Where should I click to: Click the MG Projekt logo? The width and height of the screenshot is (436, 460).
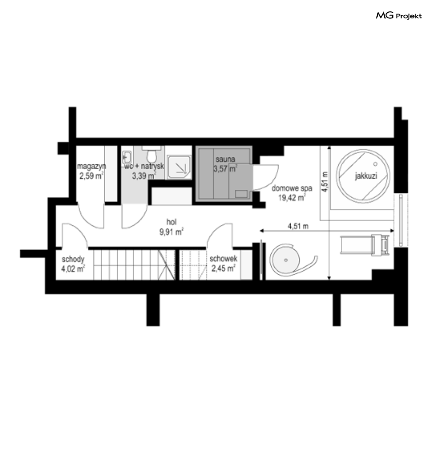pyautogui.click(x=399, y=15)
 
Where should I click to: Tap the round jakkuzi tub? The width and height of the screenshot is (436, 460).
pyautogui.click(x=363, y=176)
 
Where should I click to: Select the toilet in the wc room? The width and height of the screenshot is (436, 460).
pyautogui.click(x=152, y=155)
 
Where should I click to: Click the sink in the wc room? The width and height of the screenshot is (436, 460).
pyautogui.click(x=127, y=157)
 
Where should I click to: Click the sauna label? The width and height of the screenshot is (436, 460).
pyautogui.click(x=225, y=159)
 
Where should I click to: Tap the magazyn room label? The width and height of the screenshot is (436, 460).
pyautogui.click(x=91, y=166)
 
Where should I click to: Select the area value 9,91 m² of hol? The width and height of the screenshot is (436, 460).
pyautogui.click(x=171, y=232)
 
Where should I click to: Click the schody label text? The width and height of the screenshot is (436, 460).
pyautogui.click(x=73, y=259)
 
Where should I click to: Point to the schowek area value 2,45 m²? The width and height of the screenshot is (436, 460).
pyautogui.click(x=223, y=268)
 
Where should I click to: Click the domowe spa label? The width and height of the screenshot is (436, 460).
pyautogui.click(x=292, y=188)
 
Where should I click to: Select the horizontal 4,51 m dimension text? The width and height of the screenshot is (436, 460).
pyautogui.click(x=298, y=226)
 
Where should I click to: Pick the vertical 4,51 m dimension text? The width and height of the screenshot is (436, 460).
pyautogui.click(x=325, y=182)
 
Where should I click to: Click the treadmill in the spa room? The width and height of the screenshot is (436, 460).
pyautogui.click(x=365, y=244)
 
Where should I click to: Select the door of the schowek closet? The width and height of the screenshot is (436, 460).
pyautogui.click(x=220, y=235)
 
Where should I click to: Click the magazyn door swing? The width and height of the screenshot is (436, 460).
pyautogui.click(x=91, y=216)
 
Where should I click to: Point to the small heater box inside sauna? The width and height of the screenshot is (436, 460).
pyautogui.click(x=241, y=194)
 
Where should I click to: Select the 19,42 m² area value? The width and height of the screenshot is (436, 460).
pyautogui.click(x=292, y=198)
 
